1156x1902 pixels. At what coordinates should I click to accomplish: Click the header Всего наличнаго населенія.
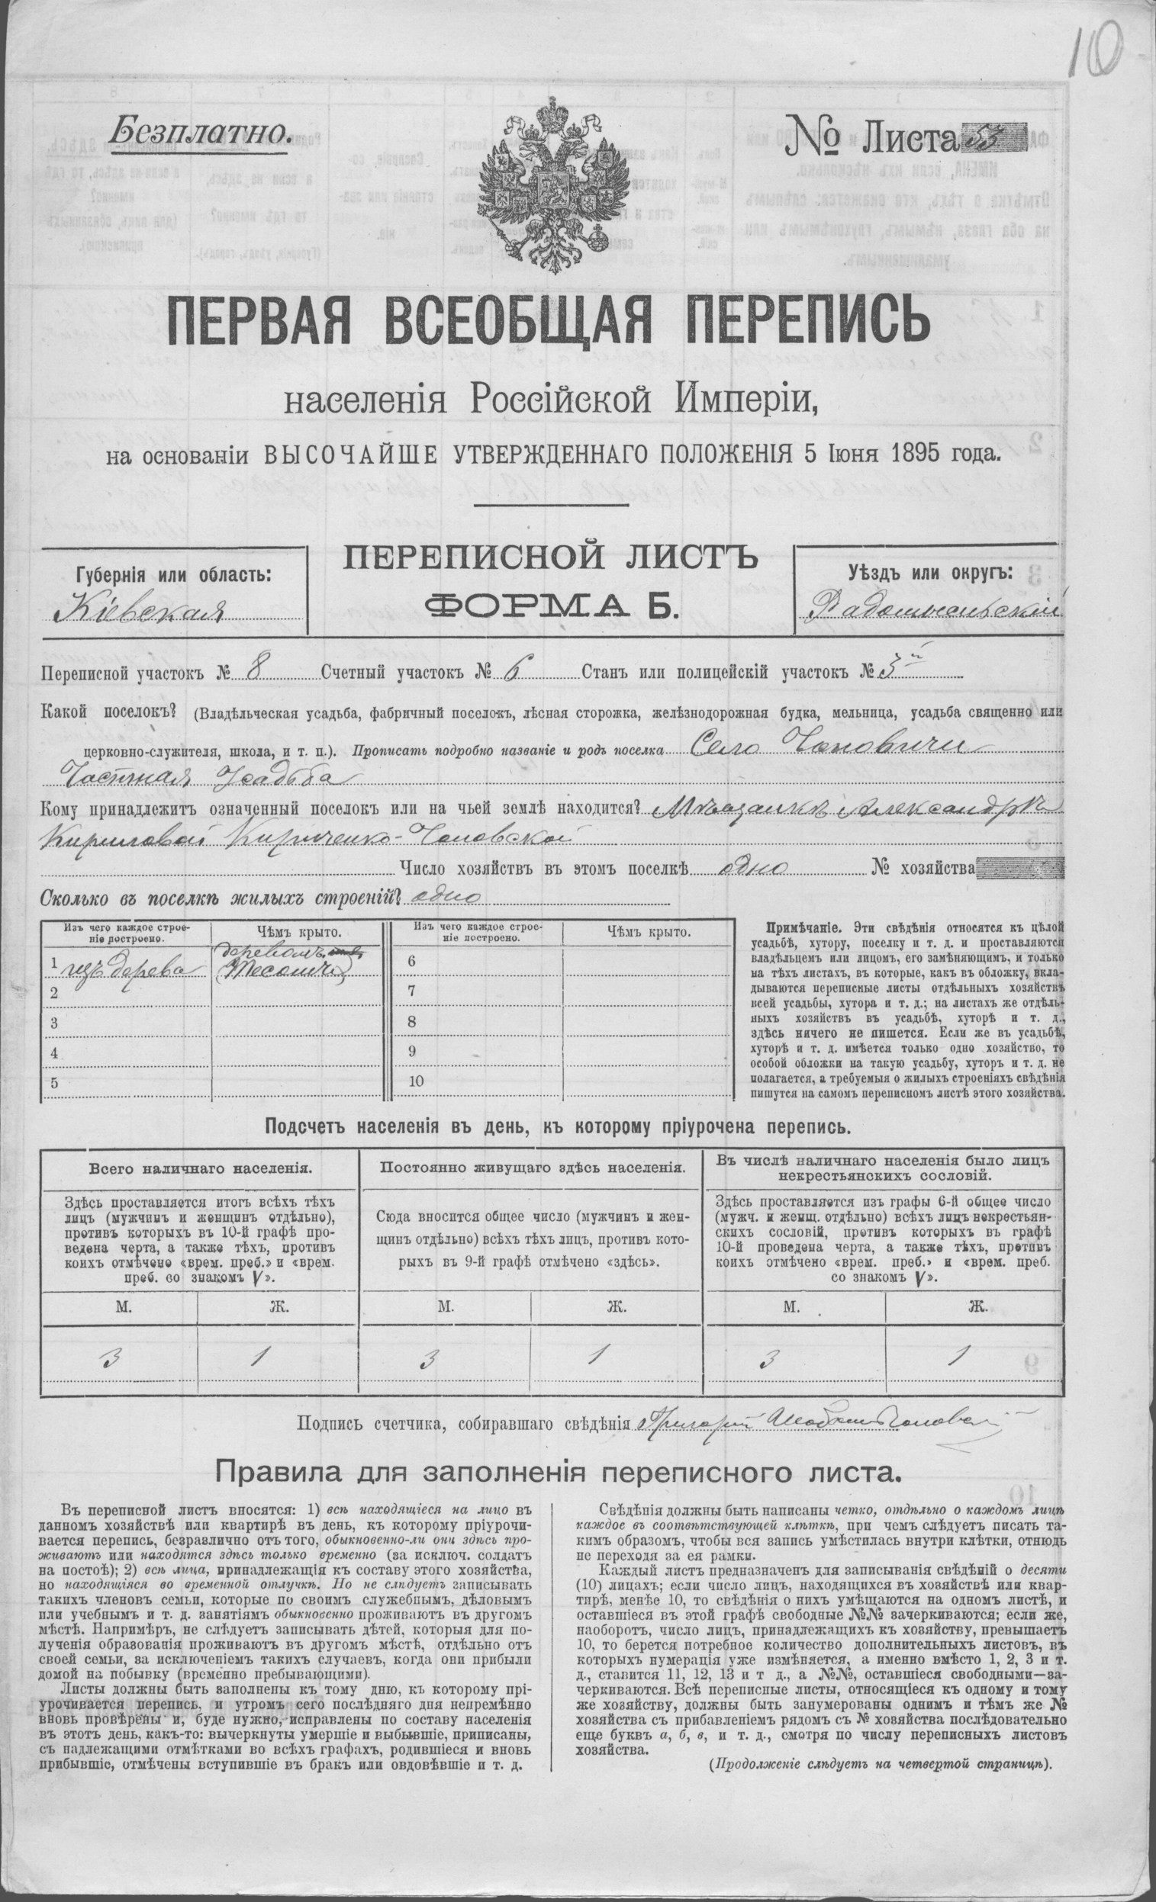(x=200, y=1168)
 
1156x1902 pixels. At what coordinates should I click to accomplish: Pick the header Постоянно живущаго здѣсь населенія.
(x=531, y=1168)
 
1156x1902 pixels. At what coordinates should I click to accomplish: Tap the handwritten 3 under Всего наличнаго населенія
(x=115, y=1357)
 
